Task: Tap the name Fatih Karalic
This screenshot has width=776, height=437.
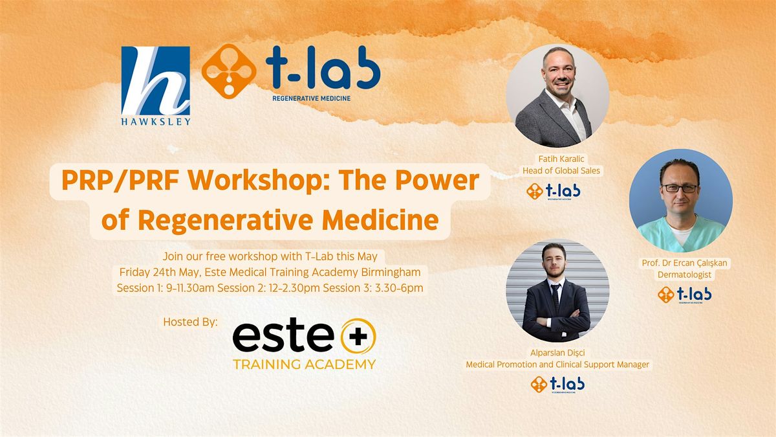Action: pyautogui.click(x=557, y=159)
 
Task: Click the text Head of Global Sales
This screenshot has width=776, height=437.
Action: pyautogui.click(x=557, y=171)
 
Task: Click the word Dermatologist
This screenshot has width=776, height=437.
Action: pyautogui.click(x=684, y=275)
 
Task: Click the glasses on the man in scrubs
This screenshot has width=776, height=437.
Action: pyautogui.click(x=679, y=188)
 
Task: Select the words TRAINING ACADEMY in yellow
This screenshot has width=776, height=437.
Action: pyautogui.click(x=304, y=364)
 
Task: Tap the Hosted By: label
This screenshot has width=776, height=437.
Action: pyautogui.click(x=191, y=322)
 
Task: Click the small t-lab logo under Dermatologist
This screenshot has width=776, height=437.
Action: pyautogui.click(x=684, y=295)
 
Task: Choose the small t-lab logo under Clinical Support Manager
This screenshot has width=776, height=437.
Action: pyautogui.click(x=557, y=385)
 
